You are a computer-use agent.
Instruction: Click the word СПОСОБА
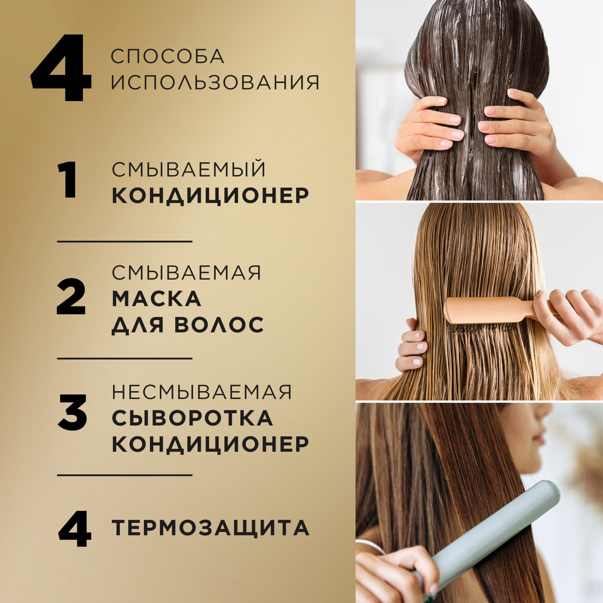167,56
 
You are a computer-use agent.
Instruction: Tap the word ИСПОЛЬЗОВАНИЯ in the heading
215,82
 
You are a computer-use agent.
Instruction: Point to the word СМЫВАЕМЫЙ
189,169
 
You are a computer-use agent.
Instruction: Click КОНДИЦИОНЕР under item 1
210,195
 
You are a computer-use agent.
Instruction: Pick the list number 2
71,297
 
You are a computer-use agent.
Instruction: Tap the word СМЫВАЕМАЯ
186,272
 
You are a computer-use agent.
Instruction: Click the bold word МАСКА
156,298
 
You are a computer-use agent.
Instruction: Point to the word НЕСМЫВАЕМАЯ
202,392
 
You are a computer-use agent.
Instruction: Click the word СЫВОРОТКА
192,418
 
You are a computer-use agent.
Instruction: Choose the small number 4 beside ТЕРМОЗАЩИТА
75,528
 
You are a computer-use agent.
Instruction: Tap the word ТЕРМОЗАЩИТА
210,528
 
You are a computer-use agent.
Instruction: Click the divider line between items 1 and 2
124,242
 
